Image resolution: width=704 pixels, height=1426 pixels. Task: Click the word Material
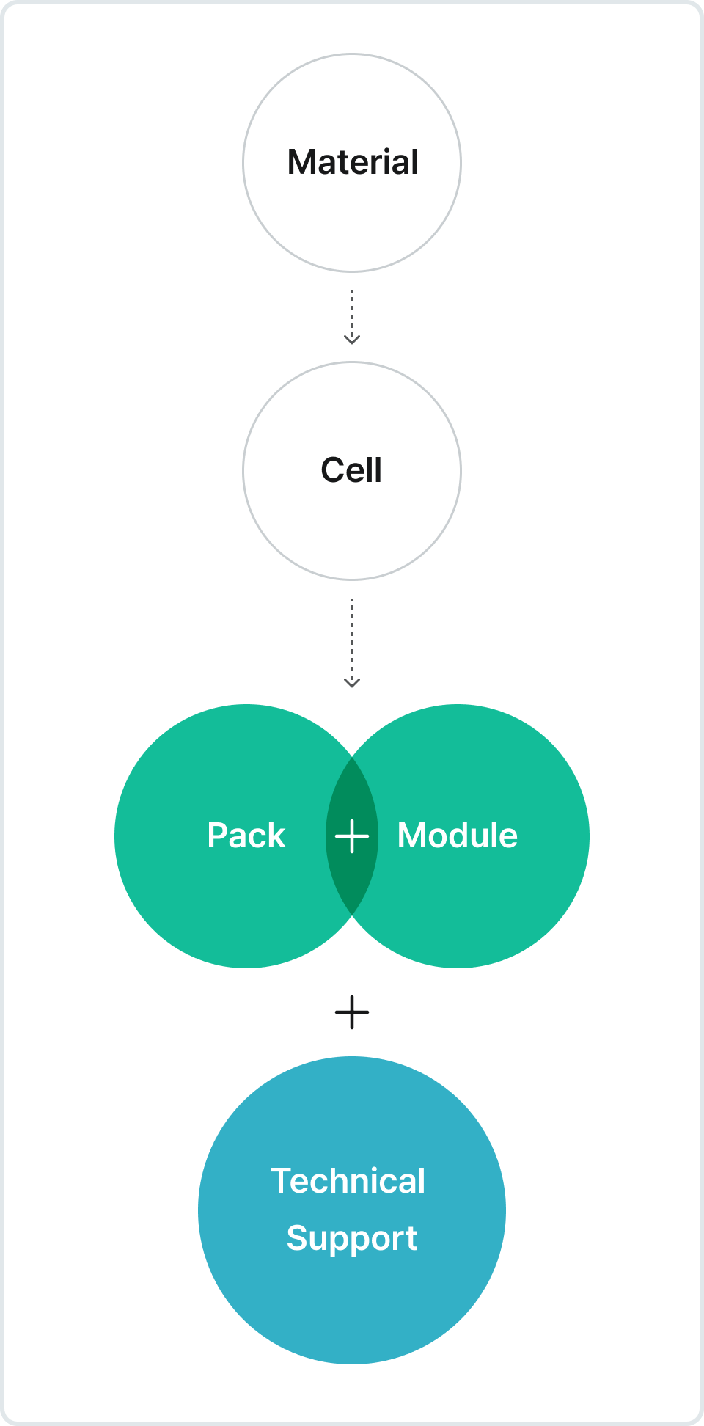pyautogui.click(x=353, y=162)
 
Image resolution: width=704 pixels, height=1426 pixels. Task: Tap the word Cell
pyautogui.click(x=351, y=470)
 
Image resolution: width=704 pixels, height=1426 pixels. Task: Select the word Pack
pyautogui.click(x=246, y=836)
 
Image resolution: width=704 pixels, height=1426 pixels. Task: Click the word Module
pyautogui.click(x=458, y=836)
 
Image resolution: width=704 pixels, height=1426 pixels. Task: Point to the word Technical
pyautogui.click(x=348, y=1181)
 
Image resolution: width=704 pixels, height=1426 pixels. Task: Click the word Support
pyautogui.click(x=352, y=1238)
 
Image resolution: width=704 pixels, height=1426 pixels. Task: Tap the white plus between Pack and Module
pyautogui.click(x=352, y=836)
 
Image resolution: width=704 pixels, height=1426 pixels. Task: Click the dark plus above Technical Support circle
pyautogui.click(x=352, y=1012)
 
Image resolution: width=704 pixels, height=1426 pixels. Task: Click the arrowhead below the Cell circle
pyautogui.click(x=352, y=684)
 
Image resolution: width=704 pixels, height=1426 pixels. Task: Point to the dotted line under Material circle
pyautogui.click(x=352, y=312)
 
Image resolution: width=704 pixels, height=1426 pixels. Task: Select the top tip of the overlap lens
pyautogui.click(x=352, y=758)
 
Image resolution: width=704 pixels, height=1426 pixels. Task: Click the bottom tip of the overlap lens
pyautogui.click(x=352, y=914)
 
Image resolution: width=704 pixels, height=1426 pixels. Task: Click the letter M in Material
pyautogui.click(x=301, y=162)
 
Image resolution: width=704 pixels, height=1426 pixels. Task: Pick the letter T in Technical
pyautogui.click(x=281, y=1181)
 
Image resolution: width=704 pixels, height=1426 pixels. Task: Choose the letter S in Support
pyautogui.click(x=298, y=1238)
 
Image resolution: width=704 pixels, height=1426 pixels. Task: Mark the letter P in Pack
pyautogui.click(x=218, y=836)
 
